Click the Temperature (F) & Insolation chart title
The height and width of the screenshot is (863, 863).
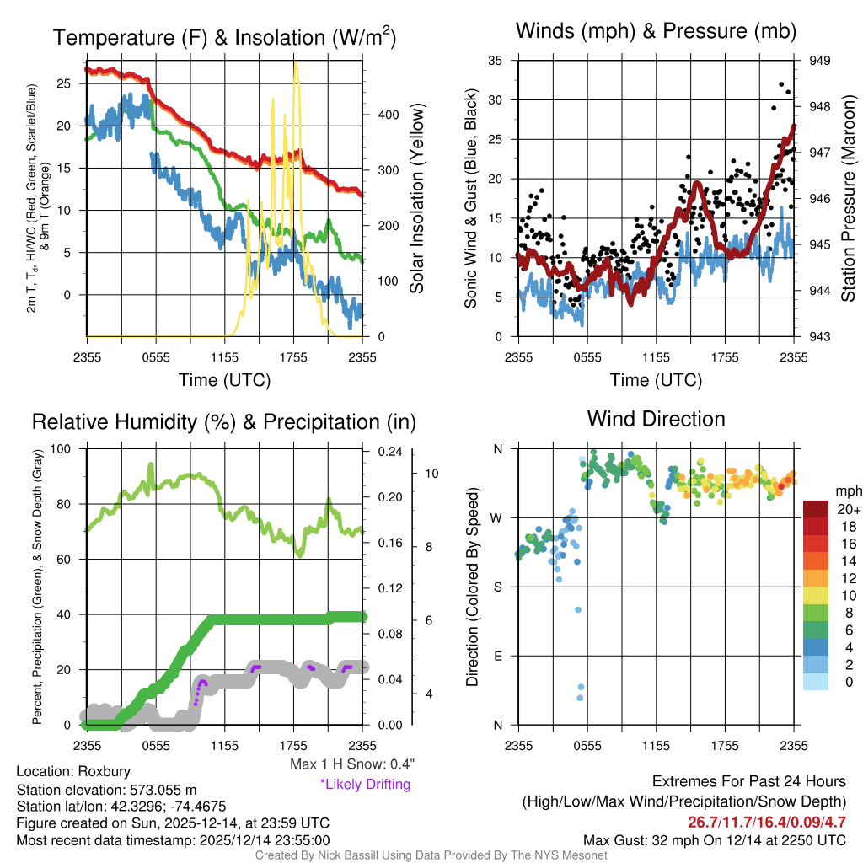point(224,38)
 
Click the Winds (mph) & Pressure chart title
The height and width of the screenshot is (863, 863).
point(656,31)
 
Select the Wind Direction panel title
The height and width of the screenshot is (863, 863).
point(656,418)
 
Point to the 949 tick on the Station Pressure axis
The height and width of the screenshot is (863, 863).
point(820,61)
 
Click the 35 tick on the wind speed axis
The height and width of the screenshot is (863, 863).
point(496,61)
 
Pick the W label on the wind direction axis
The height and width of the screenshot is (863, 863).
point(498,517)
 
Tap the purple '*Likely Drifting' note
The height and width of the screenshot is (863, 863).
point(365,784)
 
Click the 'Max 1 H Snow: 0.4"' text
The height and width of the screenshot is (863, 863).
point(351,764)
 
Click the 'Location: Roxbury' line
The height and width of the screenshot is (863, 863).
point(73,772)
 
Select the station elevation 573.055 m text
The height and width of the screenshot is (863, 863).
point(106,790)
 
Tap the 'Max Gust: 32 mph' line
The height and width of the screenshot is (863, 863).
point(715,840)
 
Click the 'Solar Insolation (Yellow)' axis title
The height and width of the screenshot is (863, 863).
point(417,199)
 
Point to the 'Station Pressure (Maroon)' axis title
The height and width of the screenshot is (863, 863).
point(848,199)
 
